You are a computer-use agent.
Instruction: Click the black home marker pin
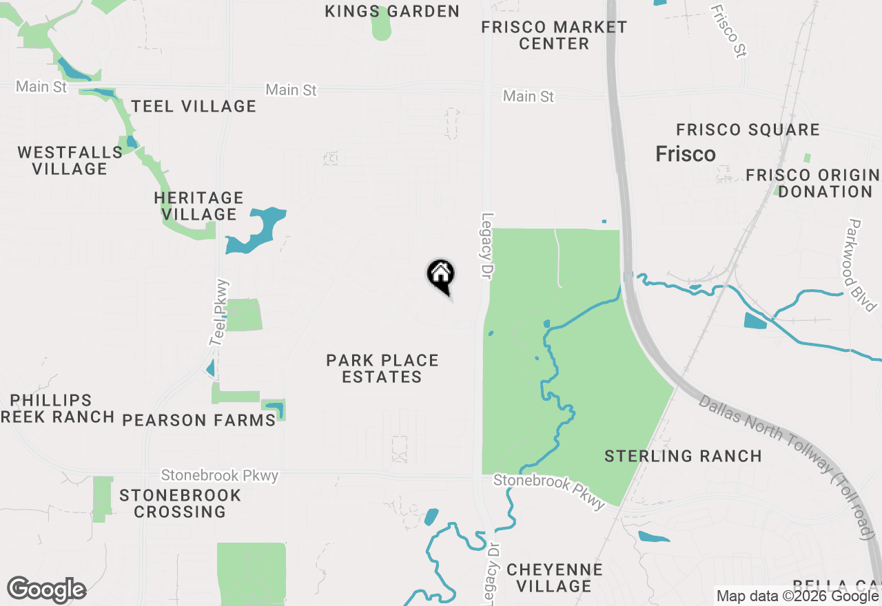click(441, 276)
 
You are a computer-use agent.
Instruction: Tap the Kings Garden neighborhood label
click(391, 11)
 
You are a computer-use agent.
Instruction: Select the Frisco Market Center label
click(554, 35)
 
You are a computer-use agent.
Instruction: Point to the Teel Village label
click(194, 106)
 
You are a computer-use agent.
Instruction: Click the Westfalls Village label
click(70, 160)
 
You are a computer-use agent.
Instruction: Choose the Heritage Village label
click(198, 206)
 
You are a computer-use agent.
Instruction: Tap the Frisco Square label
click(748, 129)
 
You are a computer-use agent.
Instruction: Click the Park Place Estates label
click(382, 368)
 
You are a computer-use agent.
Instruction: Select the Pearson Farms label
click(199, 420)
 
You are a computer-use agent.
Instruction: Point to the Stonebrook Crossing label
click(181, 503)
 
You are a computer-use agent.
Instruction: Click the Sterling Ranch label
click(683, 456)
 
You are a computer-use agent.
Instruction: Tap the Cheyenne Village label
click(554, 578)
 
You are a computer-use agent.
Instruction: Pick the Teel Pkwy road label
click(219, 313)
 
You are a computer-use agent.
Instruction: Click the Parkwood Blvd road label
click(861, 265)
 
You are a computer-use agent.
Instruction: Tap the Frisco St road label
click(729, 32)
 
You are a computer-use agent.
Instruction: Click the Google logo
click(46, 590)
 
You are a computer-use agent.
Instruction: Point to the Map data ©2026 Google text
click(798, 596)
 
